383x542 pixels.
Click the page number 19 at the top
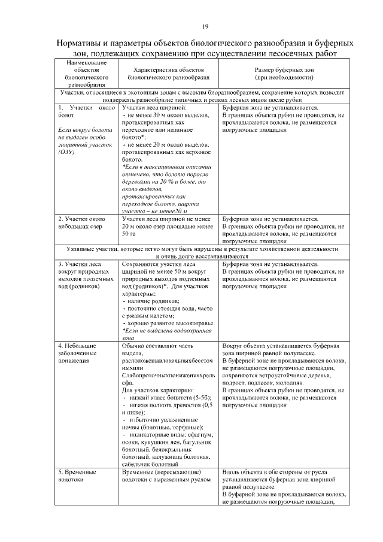205,26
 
